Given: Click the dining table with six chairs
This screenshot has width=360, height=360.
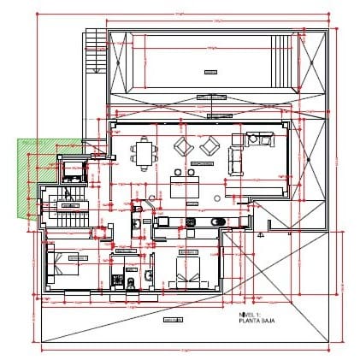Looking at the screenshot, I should pos(145,154).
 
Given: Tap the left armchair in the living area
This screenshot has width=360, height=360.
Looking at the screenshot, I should pos(183,147).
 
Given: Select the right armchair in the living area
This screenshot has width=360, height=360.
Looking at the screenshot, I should pos(208,147).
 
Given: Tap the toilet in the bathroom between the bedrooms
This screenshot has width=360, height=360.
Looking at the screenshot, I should pos(130,281).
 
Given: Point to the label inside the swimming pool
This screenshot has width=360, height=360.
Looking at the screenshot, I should pos(208,71).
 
